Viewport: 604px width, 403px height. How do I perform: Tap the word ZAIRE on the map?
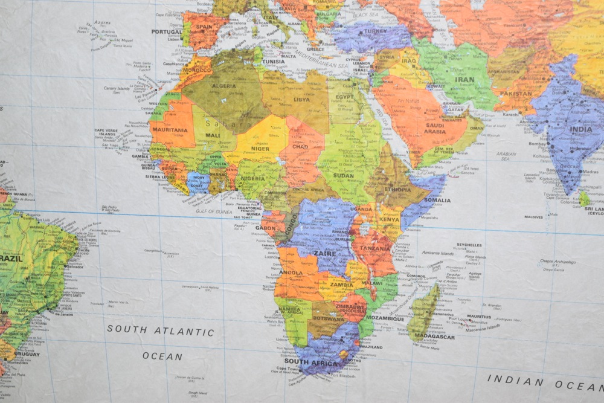(x=324, y=254)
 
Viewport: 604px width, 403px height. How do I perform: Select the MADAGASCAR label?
(x=434, y=337)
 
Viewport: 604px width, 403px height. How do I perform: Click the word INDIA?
(x=582, y=129)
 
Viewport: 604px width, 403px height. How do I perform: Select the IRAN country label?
(x=464, y=79)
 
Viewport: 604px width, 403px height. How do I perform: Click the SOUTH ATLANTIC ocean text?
(x=161, y=331)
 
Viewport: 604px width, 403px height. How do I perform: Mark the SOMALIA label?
(x=437, y=201)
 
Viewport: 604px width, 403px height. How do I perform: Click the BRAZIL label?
(x=12, y=258)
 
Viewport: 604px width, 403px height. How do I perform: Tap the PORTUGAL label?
(x=167, y=32)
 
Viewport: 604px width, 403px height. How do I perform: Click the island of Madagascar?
(x=424, y=311)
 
